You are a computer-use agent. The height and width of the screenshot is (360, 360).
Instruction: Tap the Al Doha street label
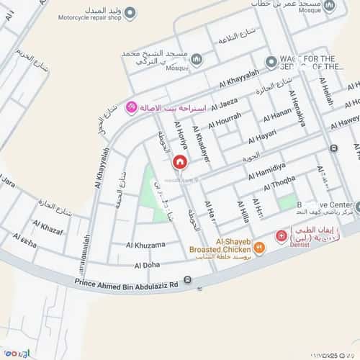145,266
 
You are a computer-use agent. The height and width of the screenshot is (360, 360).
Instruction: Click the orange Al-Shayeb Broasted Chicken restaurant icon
259,248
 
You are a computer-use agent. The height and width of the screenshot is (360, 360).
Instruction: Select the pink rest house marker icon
131,107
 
